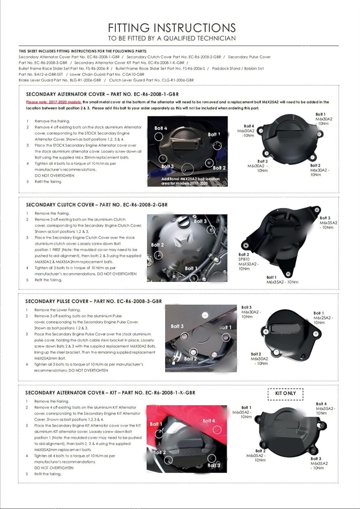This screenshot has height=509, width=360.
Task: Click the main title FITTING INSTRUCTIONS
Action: pyautogui.click(x=172, y=27)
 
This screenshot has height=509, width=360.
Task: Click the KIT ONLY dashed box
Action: pyautogui.click(x=285, y=393)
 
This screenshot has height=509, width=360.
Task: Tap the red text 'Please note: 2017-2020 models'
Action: pyautogui.click(x=54, y=102)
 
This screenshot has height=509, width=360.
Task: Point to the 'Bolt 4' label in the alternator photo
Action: pyautogui.click(x=161, y=128)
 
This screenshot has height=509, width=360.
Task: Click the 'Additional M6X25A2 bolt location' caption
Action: pyautogui.click(x=190, y=181)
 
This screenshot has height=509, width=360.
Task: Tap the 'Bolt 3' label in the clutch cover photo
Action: pyautogui.click(x=200, y=221)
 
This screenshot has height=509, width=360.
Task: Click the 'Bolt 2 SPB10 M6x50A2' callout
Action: pyautogui.click(x=248, y=261)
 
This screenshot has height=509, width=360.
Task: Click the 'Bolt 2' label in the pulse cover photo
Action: pyautogui.click(x=190, y=358)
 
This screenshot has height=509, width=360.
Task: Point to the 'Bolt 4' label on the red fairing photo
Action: pyautogui.click(x=209, y=421)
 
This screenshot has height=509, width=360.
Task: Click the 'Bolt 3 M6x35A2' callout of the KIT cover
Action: pyautogui.click(x=319, y=463)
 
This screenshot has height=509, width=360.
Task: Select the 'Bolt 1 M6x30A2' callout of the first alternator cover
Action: pyautogui.click(x=323, y=119)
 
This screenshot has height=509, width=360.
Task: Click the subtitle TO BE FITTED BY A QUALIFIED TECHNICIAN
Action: pyautogui.click(x=172, y=38)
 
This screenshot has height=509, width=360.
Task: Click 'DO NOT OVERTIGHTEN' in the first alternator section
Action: pyautogui.click(x=54, y=175)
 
